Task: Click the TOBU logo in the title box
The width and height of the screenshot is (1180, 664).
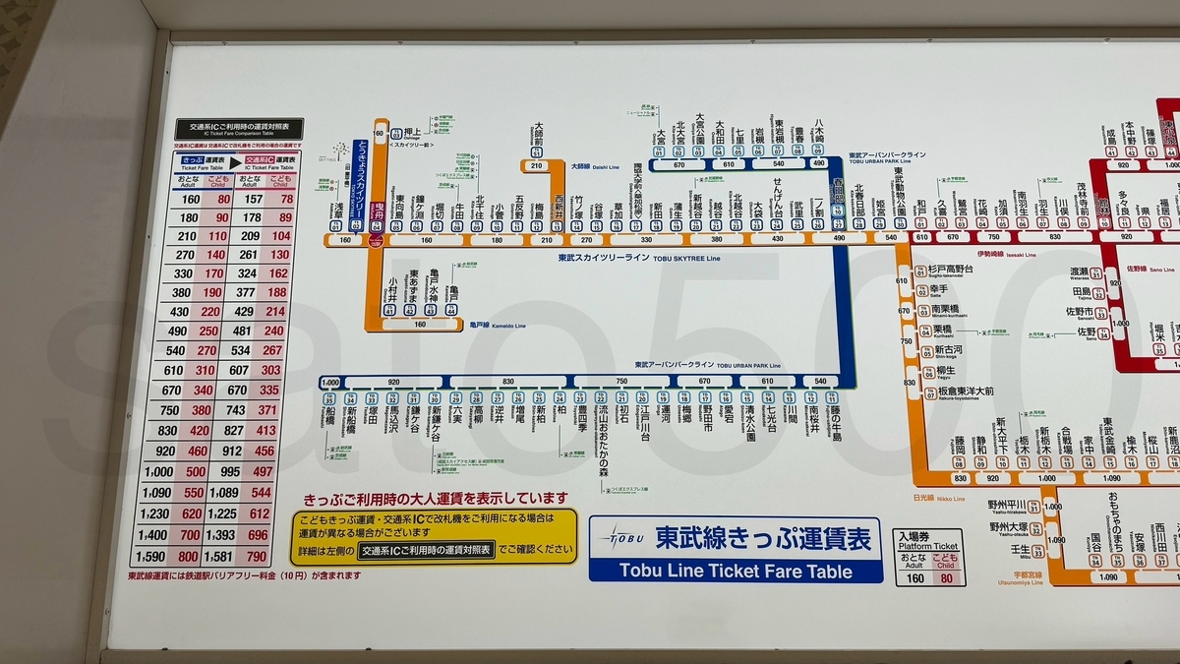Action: click(x=627, y=540)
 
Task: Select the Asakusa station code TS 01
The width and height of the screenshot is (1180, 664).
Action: click(x=339, y=225)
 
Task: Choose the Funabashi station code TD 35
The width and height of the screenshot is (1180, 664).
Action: click(x=328, y=397)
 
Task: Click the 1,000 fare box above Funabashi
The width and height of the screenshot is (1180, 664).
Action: click(x=330, y=382)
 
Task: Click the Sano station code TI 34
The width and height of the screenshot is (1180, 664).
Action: click(x=1103, y=333)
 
